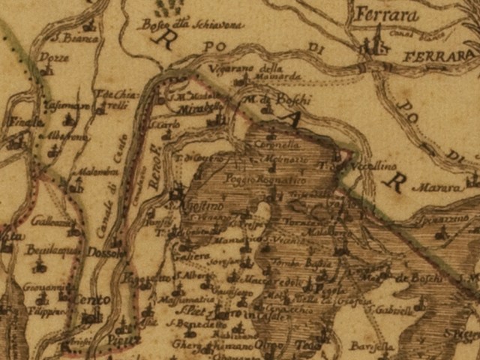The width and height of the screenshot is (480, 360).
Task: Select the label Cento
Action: (x=91, y=300)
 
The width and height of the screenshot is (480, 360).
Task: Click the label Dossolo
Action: (x=104, y=253)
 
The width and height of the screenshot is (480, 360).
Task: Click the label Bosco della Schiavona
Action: (x=191, y=24)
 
